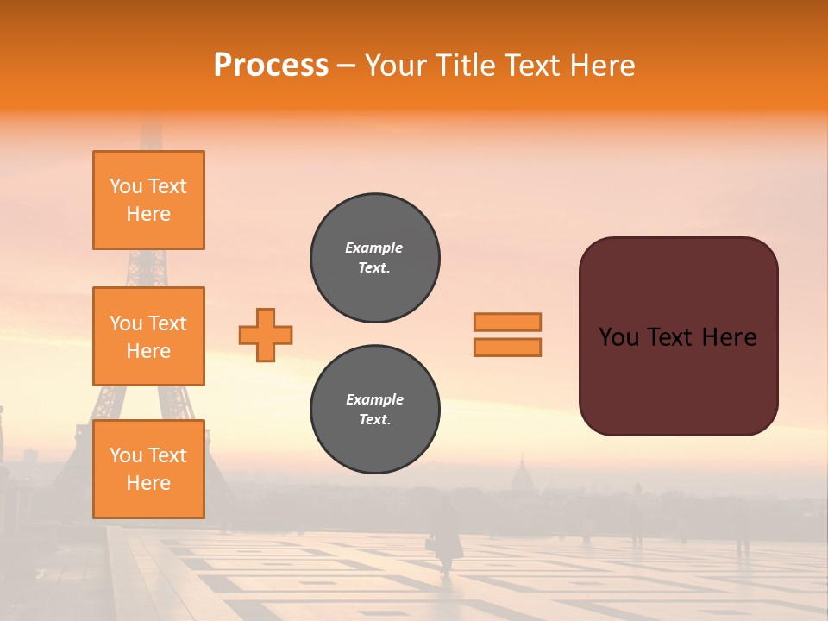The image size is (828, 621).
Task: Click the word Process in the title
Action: [271, 66]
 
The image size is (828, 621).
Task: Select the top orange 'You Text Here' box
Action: [148, 200]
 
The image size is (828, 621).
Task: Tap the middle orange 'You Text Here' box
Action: [148, 336]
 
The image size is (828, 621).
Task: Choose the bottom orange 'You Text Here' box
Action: [148, 469]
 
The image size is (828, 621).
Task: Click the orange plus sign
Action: [266, 335]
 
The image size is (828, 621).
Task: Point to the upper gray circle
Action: [375, 258]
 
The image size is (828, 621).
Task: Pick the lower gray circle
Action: [375, 410]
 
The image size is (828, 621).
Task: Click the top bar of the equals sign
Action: [507, 322]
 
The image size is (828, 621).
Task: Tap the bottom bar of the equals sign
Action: [507, 347]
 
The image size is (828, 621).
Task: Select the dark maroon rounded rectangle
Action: [678, 336]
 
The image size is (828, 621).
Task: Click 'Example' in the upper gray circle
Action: [374, 248]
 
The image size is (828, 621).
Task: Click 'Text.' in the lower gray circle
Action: [374, 420]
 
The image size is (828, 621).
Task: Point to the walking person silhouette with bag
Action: [444, 535]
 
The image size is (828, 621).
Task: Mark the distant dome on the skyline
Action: [521, 474]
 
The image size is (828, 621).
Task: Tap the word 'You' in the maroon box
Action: [618, 337]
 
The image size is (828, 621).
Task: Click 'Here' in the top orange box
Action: [148, 214]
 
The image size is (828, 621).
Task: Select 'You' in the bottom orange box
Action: [127, 455]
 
